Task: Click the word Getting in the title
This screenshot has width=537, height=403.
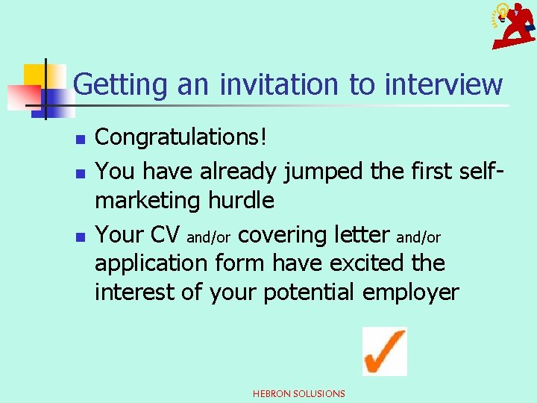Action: (122, 84)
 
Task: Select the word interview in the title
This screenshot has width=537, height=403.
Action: (443, 84)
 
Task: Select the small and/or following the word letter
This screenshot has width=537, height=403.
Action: (418, 238)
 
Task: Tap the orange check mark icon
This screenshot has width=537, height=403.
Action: (384, 351)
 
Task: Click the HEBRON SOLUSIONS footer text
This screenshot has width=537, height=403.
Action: (299, 393)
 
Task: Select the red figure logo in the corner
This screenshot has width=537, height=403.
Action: (513, 25)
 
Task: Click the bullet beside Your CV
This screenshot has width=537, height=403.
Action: (81, 236)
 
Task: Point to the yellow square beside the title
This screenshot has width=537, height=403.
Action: (36, 75)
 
